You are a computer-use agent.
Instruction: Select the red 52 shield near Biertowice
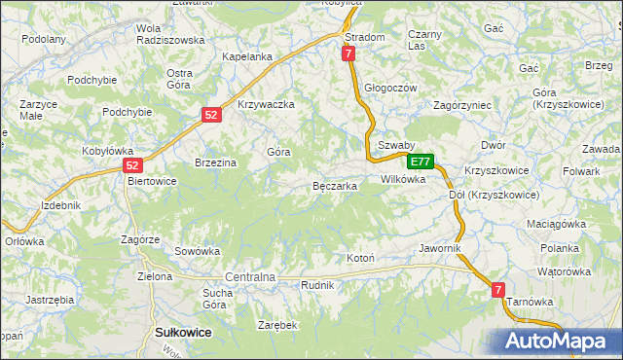pyautogui.click(x=134, y=165)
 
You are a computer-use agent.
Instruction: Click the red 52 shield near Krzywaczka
pyautogui.click(x=213, y=115)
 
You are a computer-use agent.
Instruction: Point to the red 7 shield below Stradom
pyautogui.click(x=348, y=55)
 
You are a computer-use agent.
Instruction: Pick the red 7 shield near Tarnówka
pyautogui.click(x=498, y=290)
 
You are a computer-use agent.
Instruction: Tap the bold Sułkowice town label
pyautogui.click(x=184, y=333)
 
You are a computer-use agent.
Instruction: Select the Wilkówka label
pyautogui.click(x=403, y=179)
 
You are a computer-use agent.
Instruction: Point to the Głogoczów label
pyautogui.click(x=390, y=88)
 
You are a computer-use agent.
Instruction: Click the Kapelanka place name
pyautogui.click(x=246, y=56)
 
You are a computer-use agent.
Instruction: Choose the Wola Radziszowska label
pyautogui.click(x=170, y=34)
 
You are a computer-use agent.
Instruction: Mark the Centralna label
pyautogui.click(x=251, y=277)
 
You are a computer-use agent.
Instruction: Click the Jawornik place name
pyautogui.click(x=439, y=248)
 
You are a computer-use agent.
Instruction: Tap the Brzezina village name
pyautogui.click(x=216, y=162)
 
